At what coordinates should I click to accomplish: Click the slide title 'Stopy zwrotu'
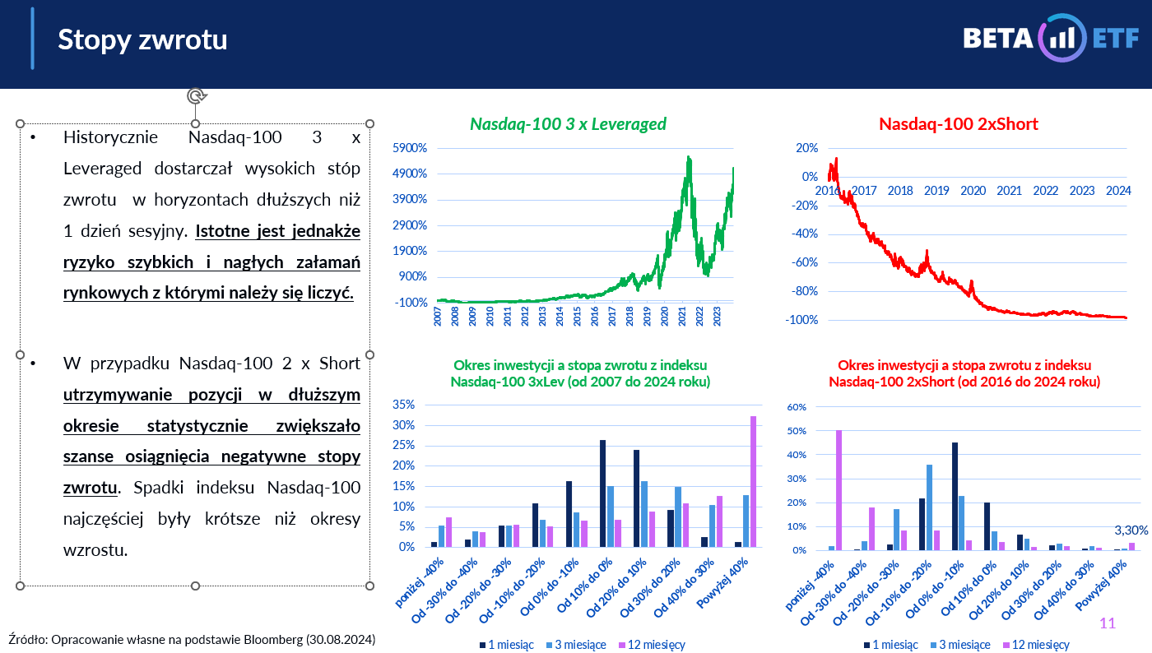click(142, 39)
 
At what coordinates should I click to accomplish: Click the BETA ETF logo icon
click(1062, 38)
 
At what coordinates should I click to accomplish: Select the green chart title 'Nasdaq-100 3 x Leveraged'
click(568, 124)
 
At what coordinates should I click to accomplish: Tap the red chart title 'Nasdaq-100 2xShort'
click(959, 124)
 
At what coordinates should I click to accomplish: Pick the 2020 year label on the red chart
click(973, 191)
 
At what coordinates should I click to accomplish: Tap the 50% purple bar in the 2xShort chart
click(838, 490)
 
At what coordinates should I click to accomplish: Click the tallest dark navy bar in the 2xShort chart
click(955, 496)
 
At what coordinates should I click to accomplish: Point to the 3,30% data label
click(1131, 530)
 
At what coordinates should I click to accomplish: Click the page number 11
click(1108, 623)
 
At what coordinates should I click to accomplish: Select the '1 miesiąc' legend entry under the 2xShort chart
click(890, 645)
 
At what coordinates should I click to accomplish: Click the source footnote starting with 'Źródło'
click(192, 639)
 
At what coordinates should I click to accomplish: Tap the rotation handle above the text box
click(196, 96)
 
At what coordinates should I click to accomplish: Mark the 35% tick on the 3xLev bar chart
click(415, 405)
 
